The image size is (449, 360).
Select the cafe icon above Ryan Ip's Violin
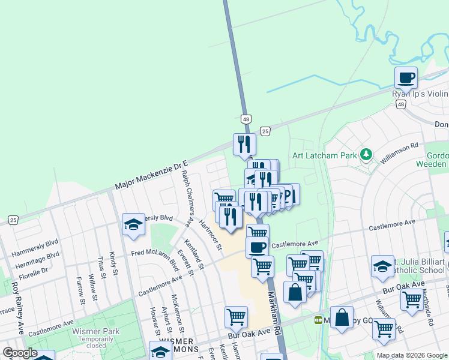[x=406, y=78]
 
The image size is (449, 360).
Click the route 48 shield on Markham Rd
[x=246, y=120]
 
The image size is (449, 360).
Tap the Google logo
[x=20, y=353]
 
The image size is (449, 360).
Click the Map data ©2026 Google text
[x=411, y=355]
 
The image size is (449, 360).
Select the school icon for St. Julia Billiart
[x=382, y=266]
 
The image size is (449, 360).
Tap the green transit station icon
[x=318, y=320]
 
